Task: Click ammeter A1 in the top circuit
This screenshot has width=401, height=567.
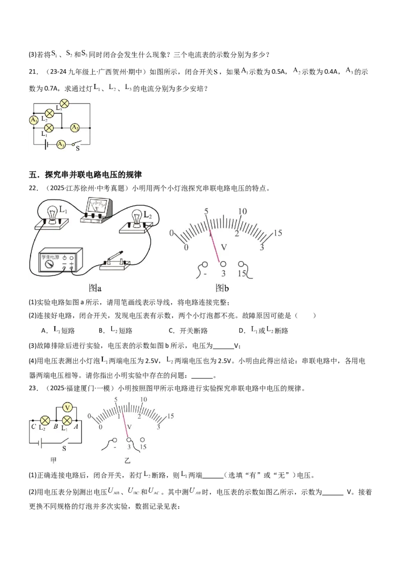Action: click(x=34, y=121)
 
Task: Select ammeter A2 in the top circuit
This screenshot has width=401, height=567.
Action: click(x=75, y=128)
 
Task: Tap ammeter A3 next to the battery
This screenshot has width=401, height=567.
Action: click(x=61, y=144)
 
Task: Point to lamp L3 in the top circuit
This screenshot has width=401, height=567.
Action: click(x=65, y=104)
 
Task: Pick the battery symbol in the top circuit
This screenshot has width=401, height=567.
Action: click(x=46, y=144)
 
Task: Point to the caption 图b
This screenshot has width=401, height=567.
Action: click(x=222, y=288)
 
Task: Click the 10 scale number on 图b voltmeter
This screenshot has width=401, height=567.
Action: click(x=242, y=211)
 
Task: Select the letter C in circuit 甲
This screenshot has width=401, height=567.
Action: click(x=33, y=427)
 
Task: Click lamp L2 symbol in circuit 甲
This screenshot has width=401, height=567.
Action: click(x=45, y=420)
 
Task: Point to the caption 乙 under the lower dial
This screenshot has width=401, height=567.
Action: click(x=127, y=459)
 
